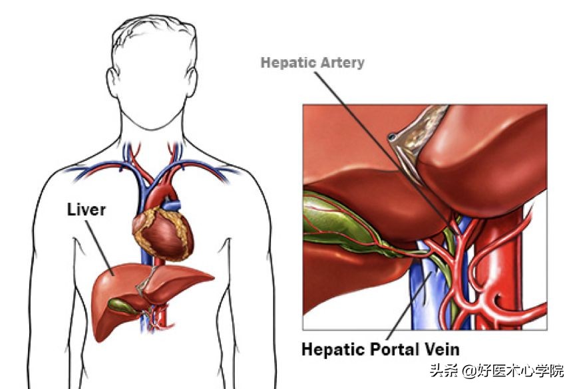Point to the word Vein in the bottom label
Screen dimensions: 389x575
pyautogui.click(x=440, y=348)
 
